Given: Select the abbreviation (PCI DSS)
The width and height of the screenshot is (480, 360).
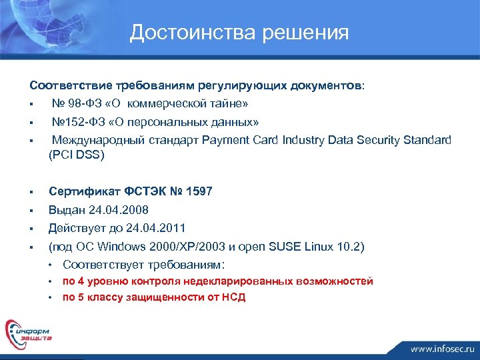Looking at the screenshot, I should tap(77, 155).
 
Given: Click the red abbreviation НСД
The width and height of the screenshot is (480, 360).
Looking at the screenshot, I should tap(234, 297).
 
